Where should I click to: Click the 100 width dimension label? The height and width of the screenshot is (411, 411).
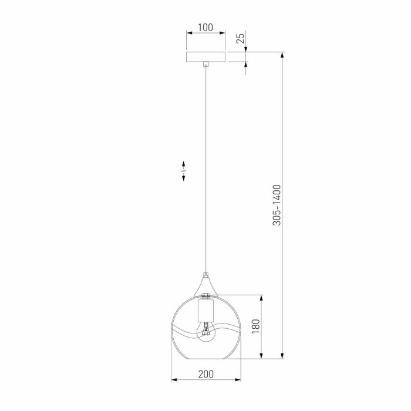tap(206, 28)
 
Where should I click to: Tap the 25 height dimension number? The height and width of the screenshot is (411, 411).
tap(240, 39)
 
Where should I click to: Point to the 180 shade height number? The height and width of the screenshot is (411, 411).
tap(255, 326)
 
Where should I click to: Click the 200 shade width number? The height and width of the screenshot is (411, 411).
tap(206, 374)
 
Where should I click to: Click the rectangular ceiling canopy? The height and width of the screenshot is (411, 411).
tap(206, 57)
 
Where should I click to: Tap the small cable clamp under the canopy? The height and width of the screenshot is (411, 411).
tap(206, 65)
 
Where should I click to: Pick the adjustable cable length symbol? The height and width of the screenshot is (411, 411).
tap(183, 171)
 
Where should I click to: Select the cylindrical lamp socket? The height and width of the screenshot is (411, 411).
tap(206, 309)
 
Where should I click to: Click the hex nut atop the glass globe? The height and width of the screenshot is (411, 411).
tap(206, 295)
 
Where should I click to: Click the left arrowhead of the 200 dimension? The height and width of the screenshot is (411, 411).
tap(173, 380)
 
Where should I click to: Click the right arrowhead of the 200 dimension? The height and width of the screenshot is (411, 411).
tap(238, 380)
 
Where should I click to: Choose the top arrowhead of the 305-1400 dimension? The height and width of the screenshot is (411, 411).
tap(283, 55)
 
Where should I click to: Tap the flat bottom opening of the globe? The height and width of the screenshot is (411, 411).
tap(206, 357)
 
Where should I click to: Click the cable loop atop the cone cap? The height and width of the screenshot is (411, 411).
tap(206, 274)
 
